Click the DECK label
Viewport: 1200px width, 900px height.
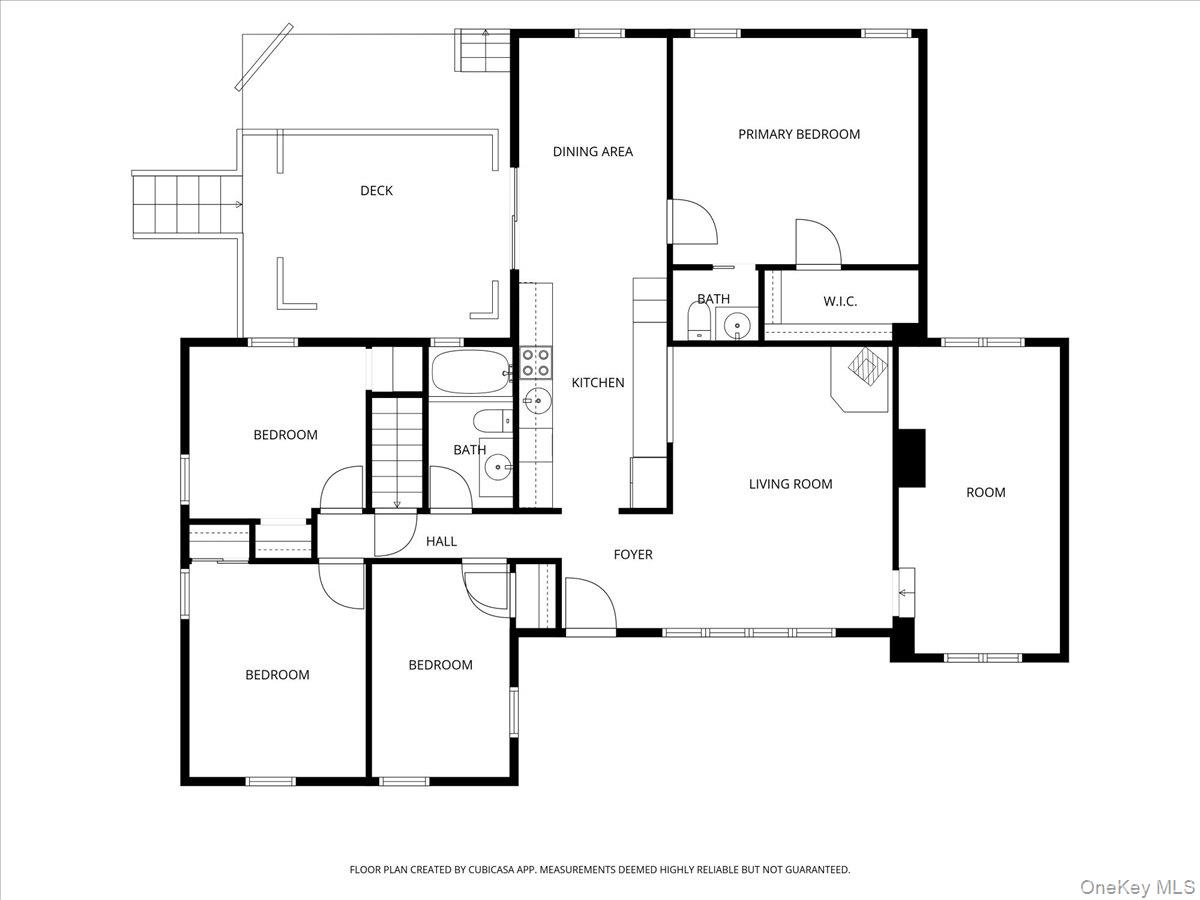coord(376,191)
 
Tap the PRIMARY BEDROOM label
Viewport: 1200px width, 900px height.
coord(799,134)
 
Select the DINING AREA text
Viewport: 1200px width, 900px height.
coord(593,152)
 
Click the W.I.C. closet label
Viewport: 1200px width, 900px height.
coord(840,301)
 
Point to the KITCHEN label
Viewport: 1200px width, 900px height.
coord(598,383)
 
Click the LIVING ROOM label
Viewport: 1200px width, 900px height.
coord(791,484)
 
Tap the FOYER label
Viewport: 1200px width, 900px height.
coord(633,555)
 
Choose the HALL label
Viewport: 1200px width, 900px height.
coord(441,542)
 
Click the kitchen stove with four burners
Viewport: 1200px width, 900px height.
coord(535,363)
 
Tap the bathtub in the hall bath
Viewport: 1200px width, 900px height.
coord(471,372)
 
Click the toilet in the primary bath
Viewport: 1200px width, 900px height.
coord(698,320)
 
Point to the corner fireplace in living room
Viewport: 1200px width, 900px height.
coord(860,378)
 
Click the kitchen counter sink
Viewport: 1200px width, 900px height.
coord(536,401)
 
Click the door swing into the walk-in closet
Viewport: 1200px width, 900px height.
coord(818,243)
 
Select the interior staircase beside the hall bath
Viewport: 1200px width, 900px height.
coord(397,453)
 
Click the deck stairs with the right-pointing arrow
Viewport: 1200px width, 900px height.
coord(187,204)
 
